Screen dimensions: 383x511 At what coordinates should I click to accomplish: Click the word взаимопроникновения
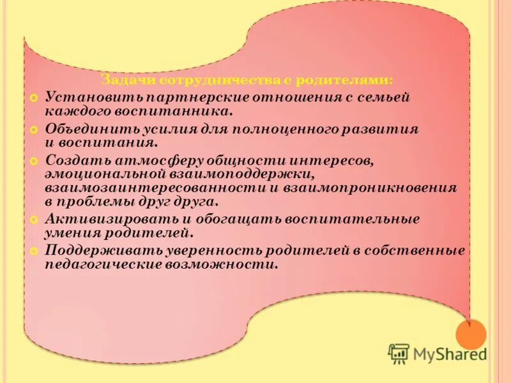(371, 188)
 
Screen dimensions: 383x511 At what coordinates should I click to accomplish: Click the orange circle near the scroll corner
(471, 334)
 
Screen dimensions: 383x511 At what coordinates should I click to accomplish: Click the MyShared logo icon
(399, 353)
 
